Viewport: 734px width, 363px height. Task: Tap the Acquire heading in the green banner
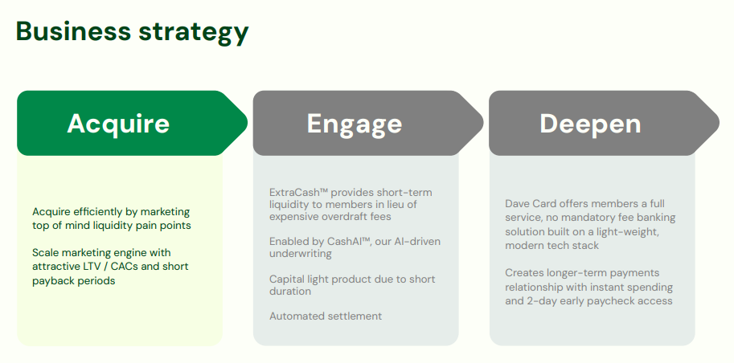tap(118, 123)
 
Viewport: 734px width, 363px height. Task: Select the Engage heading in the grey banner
tap(354, 124)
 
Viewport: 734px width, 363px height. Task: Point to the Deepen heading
tap(590, 123)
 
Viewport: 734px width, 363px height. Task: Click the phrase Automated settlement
tap(326, 316)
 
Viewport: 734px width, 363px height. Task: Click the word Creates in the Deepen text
tap(524, 273)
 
